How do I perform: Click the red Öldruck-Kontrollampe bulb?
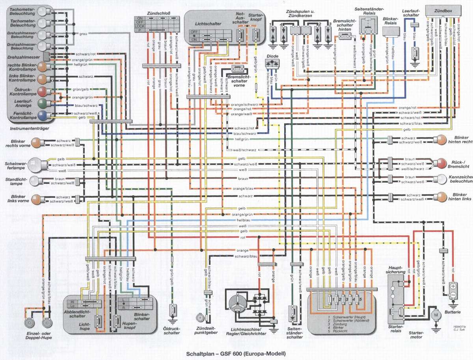(x=42, y=91)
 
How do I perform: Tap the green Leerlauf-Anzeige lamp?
(x=42, y=103)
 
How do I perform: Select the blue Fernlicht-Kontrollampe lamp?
(x=42, y=115)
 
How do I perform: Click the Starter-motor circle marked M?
(x=436, y=315)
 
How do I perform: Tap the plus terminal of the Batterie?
(x=453, y=286)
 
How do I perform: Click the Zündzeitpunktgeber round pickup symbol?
(x=201, y=317)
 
